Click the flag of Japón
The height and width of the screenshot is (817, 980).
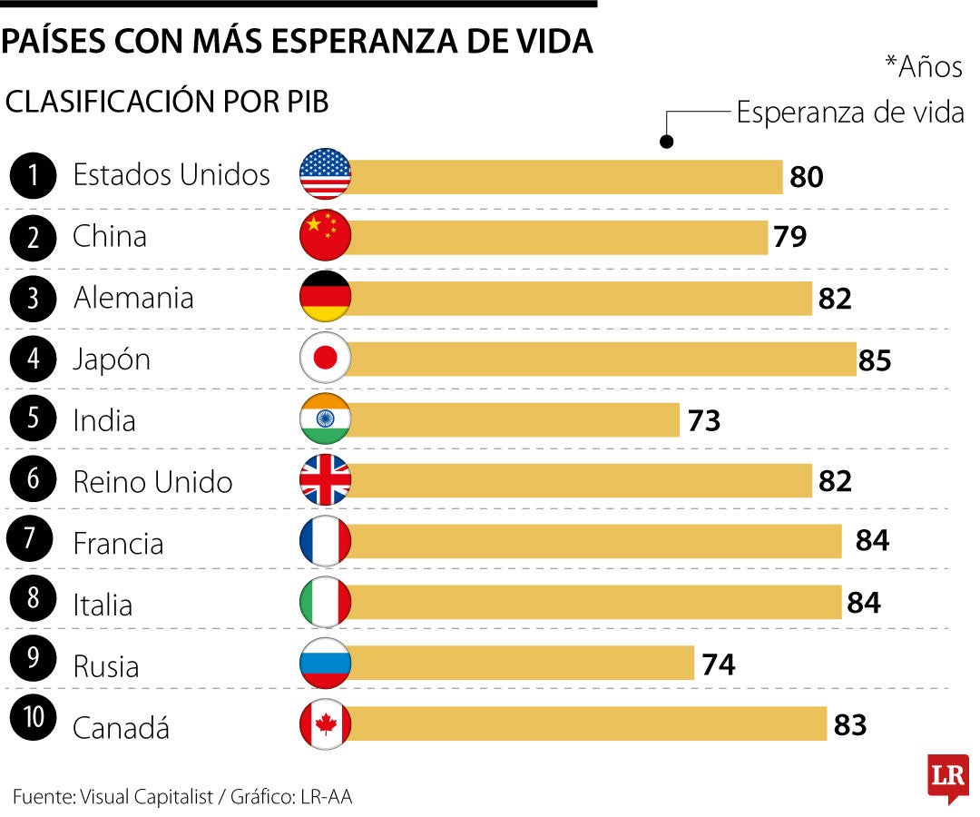pos(325,359)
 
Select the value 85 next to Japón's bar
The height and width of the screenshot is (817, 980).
pos(875,360)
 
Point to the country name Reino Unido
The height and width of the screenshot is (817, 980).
pos(152,482)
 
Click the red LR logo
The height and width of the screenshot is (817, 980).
pos(947,777)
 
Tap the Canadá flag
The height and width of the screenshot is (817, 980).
pos(325,725)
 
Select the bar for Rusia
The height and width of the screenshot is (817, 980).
pos(522,664)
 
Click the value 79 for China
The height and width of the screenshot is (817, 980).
pos(789,237)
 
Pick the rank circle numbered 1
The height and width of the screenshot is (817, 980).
pos(34,175)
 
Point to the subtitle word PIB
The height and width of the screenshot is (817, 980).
pos(304,103)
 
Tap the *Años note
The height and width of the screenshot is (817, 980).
pos(922,67)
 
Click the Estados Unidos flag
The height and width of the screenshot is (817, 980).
pos(325,174)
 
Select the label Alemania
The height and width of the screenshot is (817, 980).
pos(133,298)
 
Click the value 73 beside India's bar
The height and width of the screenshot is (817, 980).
pos(702,421)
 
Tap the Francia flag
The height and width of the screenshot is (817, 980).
pos(325,543)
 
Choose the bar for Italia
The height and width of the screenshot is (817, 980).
pos(595,603)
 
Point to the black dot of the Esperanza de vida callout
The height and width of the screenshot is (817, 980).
pos(666,142)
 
